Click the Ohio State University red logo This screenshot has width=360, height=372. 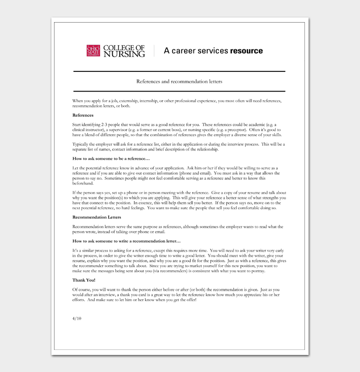94,51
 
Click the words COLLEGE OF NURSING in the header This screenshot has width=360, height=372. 123,51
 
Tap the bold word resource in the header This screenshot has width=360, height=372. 246,51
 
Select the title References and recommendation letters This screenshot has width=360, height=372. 179,81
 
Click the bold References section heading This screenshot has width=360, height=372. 83,115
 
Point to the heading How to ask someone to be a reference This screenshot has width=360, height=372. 111,159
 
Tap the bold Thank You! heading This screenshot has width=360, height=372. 85,280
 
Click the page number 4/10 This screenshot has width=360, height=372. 77,319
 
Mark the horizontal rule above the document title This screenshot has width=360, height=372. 179,71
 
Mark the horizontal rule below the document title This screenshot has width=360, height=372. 179,91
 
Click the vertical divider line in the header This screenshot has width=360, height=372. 154,51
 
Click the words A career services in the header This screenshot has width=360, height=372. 196,51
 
